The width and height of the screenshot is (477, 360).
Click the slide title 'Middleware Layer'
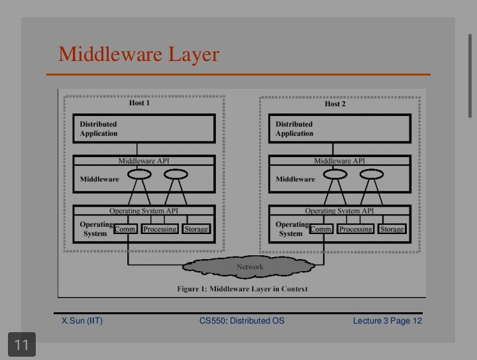138,55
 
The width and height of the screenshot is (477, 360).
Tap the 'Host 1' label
139,103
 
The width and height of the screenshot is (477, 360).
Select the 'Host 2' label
335,104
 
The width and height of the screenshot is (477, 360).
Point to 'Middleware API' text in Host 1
144,160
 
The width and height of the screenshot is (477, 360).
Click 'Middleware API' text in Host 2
339,160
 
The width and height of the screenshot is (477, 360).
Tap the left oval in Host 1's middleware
139,174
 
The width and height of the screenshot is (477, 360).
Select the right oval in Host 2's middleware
372,174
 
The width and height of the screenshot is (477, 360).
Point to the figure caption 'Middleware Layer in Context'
258,289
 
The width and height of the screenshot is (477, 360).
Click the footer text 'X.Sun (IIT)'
82,321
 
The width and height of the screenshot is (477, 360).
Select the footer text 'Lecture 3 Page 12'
388,321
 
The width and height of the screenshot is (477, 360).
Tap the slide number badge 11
22,345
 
